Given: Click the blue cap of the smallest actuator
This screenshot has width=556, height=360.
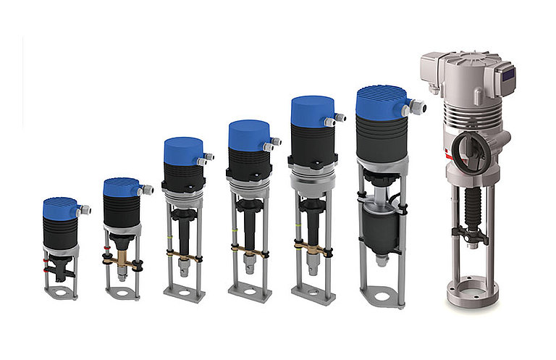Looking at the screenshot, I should coord(59,208).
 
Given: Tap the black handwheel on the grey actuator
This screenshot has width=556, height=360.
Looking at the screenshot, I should coord(468,148).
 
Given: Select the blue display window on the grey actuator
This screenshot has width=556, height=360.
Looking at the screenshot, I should coord(508,73).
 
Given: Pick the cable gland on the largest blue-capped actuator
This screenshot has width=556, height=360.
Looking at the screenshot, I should coord(417,108).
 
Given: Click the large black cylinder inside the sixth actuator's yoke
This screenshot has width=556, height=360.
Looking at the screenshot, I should coord(382,229).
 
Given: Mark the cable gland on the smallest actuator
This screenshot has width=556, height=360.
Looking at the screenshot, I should coord(84,210).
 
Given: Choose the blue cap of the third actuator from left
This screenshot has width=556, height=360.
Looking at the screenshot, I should coord(182,151).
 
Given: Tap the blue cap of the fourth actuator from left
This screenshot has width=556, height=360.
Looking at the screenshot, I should coord(248,135).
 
